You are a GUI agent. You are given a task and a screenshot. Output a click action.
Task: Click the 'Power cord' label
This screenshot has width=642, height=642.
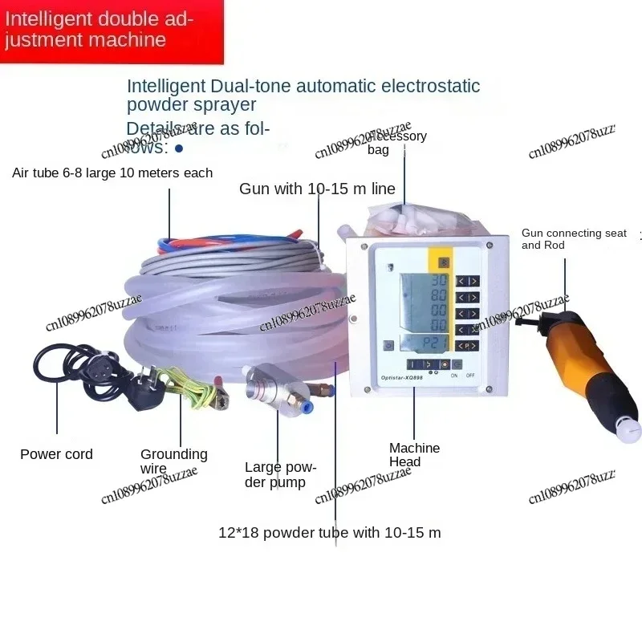point(56,454)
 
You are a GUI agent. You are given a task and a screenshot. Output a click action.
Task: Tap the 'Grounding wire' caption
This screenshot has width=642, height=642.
point(173,461)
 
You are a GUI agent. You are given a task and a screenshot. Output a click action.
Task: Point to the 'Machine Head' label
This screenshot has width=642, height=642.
point(414,455)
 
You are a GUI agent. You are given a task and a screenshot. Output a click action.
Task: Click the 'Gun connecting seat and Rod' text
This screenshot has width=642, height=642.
point(573,238)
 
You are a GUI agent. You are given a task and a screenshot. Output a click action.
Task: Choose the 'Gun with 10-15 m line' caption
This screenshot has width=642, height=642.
point(317,189)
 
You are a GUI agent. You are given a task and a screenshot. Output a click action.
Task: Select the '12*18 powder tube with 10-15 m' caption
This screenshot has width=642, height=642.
point(329,532)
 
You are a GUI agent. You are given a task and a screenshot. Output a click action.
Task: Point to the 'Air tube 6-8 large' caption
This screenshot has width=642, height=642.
point(112,173)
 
